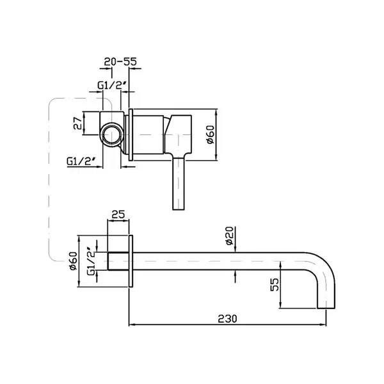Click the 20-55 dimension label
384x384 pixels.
click(120, 61)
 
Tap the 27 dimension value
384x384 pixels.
click(78, 123)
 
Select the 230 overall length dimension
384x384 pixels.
click(227, 319)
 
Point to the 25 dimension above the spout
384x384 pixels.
click(118, 214)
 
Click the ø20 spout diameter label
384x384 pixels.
click(230, 236)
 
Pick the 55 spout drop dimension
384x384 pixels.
click(275, 284)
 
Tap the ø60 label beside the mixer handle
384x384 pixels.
click(211, 134)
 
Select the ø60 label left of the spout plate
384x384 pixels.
click(73, 261)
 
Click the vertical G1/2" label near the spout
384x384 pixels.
click(91, 262)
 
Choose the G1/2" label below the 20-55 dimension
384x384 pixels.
click(111, 85)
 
